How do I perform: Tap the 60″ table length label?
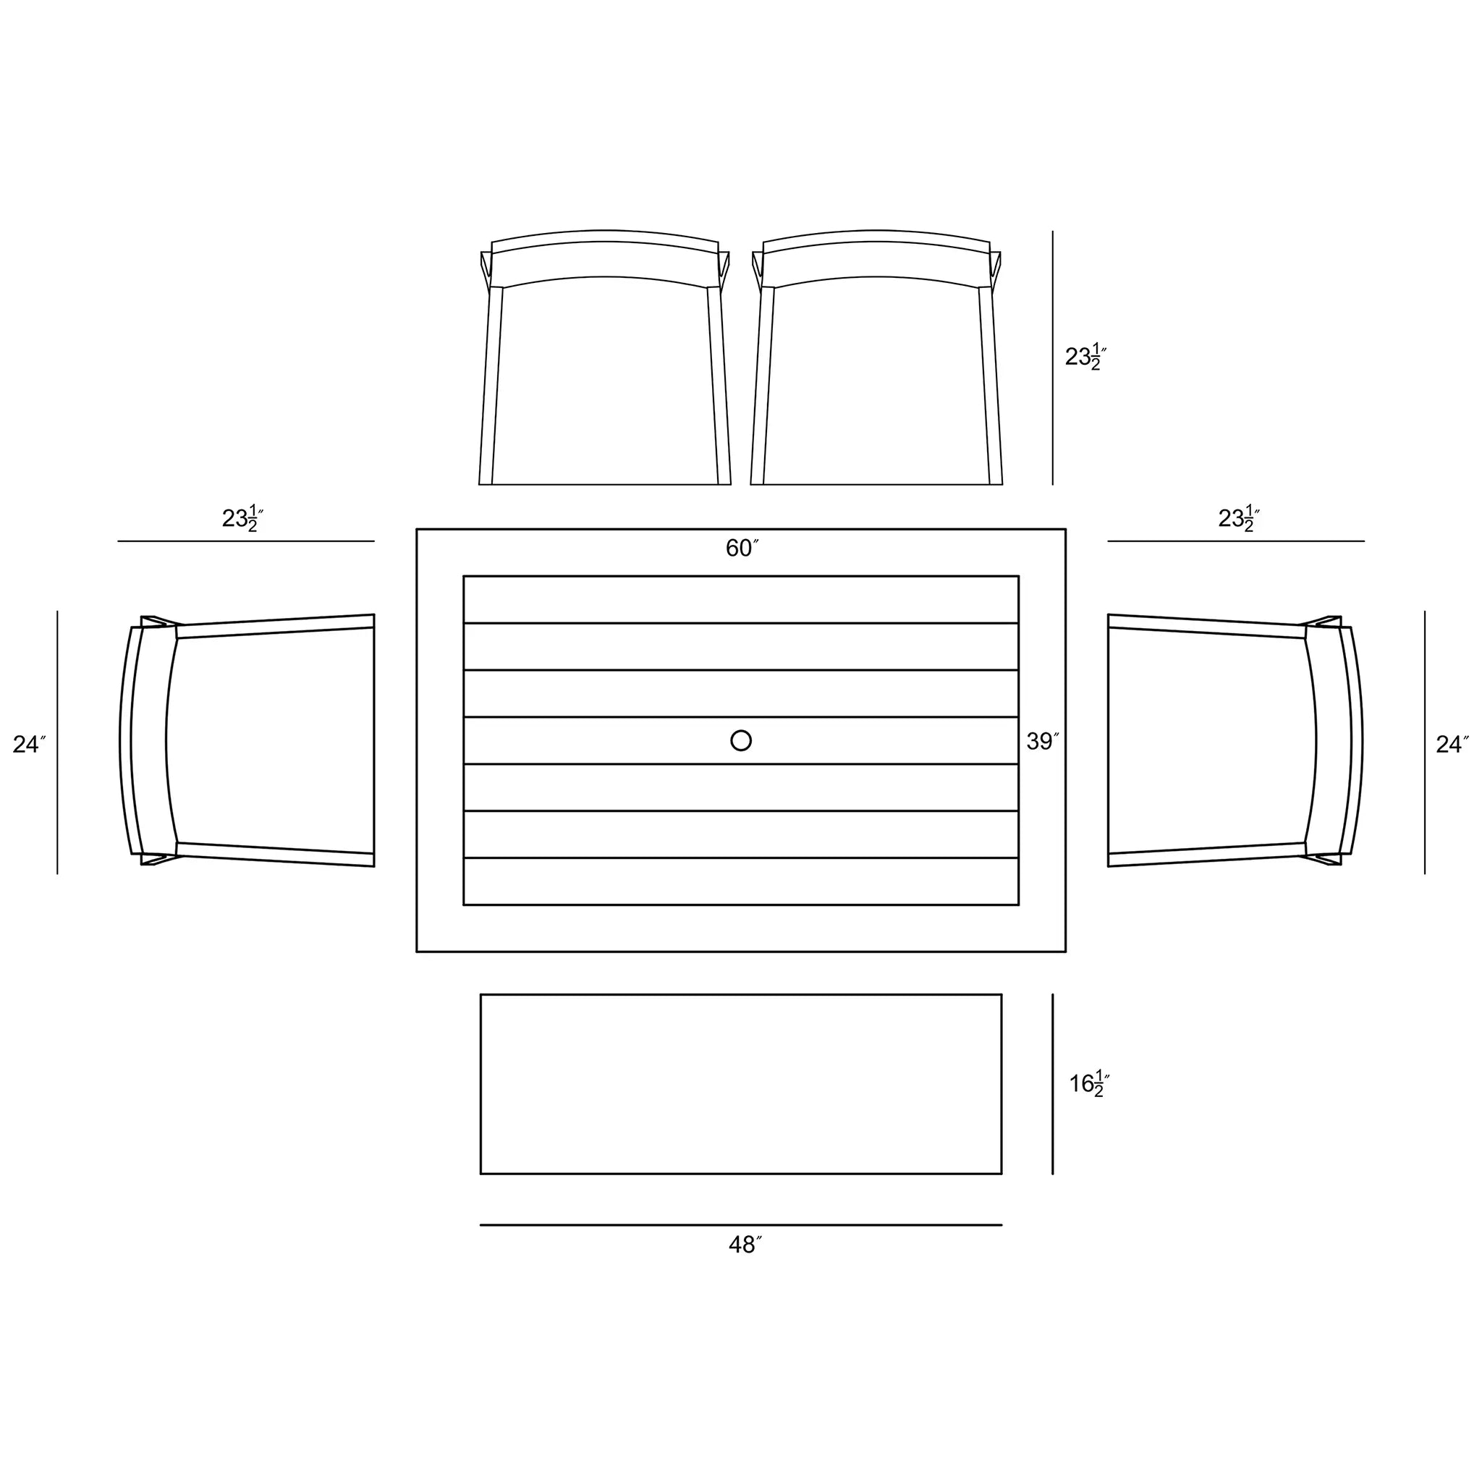pyautogui.click(x=742, y=548)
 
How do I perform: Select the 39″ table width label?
pyautogui.click(x=1043, y=741)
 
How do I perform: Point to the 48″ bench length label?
pyautogui.click(x=745, y=1244)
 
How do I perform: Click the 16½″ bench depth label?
pyautogui.click(x=1089, y=1083)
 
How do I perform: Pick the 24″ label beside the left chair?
pyautogui.click(x=29, y=744)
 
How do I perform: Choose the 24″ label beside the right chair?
pyautogui.click(x=1452, y=744)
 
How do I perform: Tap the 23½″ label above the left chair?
pyautogui.click(x=242, y=518)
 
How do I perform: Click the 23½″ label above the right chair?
pyautogui.click(x=1239, y=518)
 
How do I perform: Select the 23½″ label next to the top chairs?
pyautogui.click(x=1085, y=356)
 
